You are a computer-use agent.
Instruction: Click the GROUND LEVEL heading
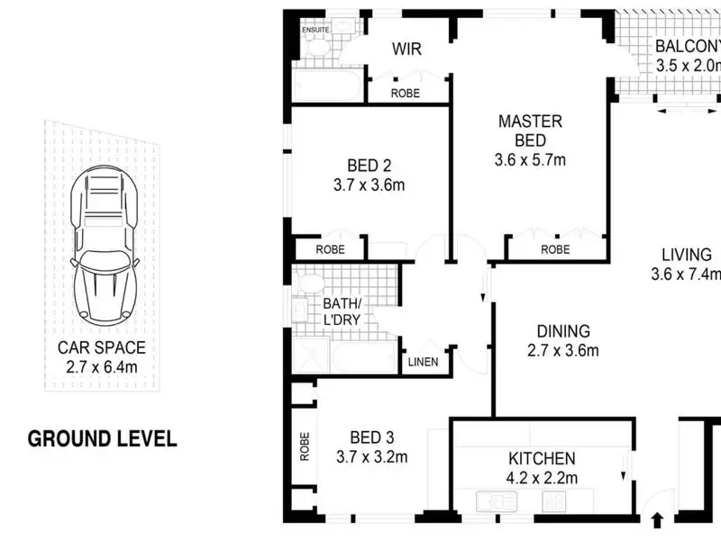[102, 439]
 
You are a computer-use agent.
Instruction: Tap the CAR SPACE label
[102, 347]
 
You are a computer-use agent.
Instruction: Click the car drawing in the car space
[105, 246]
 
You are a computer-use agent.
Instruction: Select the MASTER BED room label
[530, 130]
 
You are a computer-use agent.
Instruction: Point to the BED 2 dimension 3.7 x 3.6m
[370, 185]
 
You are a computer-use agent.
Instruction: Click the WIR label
[407, 49]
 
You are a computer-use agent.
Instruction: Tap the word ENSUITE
[315, 30]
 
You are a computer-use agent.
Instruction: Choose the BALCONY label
[688, 46]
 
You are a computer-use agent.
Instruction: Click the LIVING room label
[687, 255]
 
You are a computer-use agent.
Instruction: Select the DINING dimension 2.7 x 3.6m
[563, 350]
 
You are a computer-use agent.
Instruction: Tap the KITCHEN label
[542, 458]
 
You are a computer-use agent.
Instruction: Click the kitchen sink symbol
[497, 501]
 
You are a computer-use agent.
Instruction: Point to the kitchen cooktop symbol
[554, 501]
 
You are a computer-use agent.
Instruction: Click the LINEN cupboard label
[423, 363]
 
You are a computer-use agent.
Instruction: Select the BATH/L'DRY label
[342, 311]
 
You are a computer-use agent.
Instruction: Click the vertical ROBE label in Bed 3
[305, 446]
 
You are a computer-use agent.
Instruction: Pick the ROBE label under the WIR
[405, 94]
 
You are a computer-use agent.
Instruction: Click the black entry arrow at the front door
[658, 520]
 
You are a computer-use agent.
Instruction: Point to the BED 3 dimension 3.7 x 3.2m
[372, 457]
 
